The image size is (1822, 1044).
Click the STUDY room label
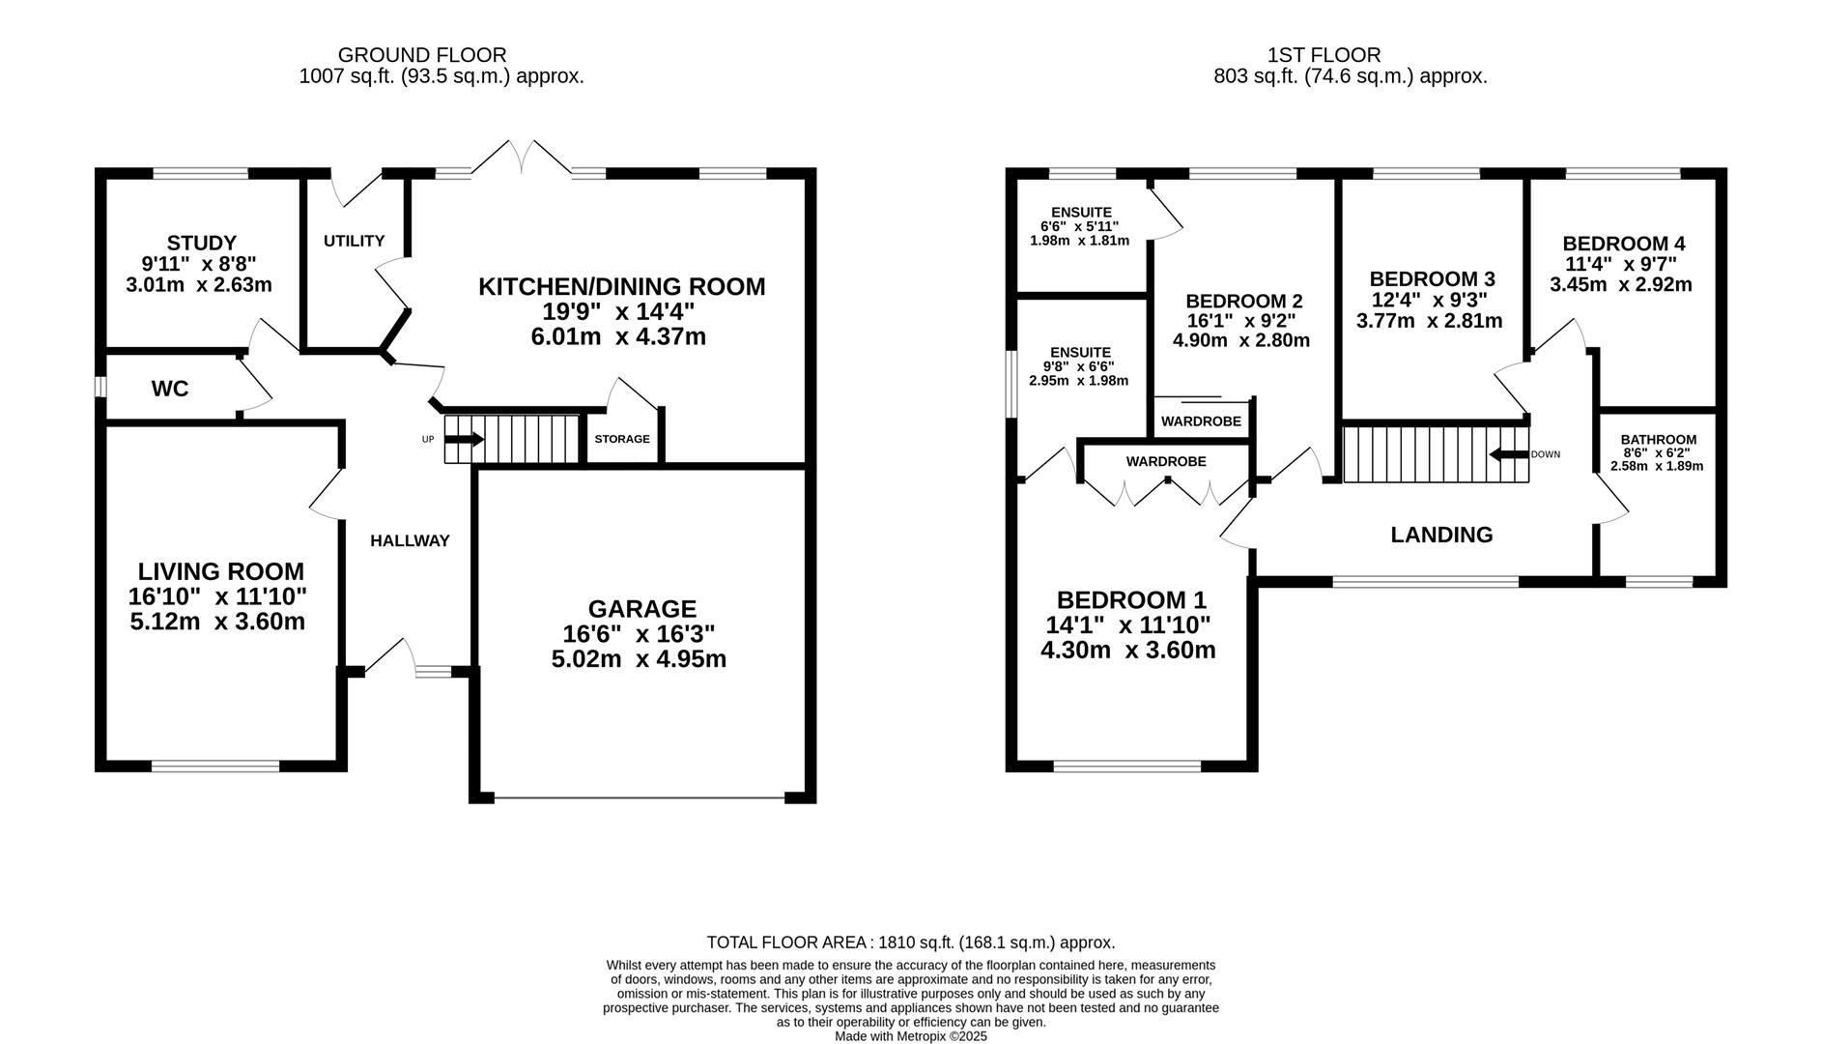[x=201, y=243]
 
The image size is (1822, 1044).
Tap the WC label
[x=170, y=389]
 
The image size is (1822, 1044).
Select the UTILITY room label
[x=354, y=241]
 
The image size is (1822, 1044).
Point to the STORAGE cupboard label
[x=622, y=439]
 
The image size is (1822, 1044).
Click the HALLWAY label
[x=410, y=540]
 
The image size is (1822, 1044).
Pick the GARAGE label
[x=642, y=609]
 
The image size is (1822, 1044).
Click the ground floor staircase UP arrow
[x=464, y=439]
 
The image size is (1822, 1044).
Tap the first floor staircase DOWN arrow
[x=1509, y=454]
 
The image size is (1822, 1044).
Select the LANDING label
[x=1441, y=535]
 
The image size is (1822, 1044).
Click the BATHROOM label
[x=1658, y=440]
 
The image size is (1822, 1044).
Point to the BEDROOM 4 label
[x=1624, y=244]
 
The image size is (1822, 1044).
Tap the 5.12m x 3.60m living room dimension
[x=217, y=621]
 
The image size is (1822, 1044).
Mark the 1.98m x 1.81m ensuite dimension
[x=1079, y=241]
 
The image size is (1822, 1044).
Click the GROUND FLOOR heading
[x=422, y=55]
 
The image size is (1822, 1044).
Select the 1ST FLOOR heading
[x=1324, y=55]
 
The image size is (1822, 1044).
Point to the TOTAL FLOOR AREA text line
[x=911, y=942]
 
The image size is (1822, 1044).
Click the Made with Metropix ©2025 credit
[x=911, y=1036]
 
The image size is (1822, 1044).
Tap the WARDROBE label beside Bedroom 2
[x=1201, y=421]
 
